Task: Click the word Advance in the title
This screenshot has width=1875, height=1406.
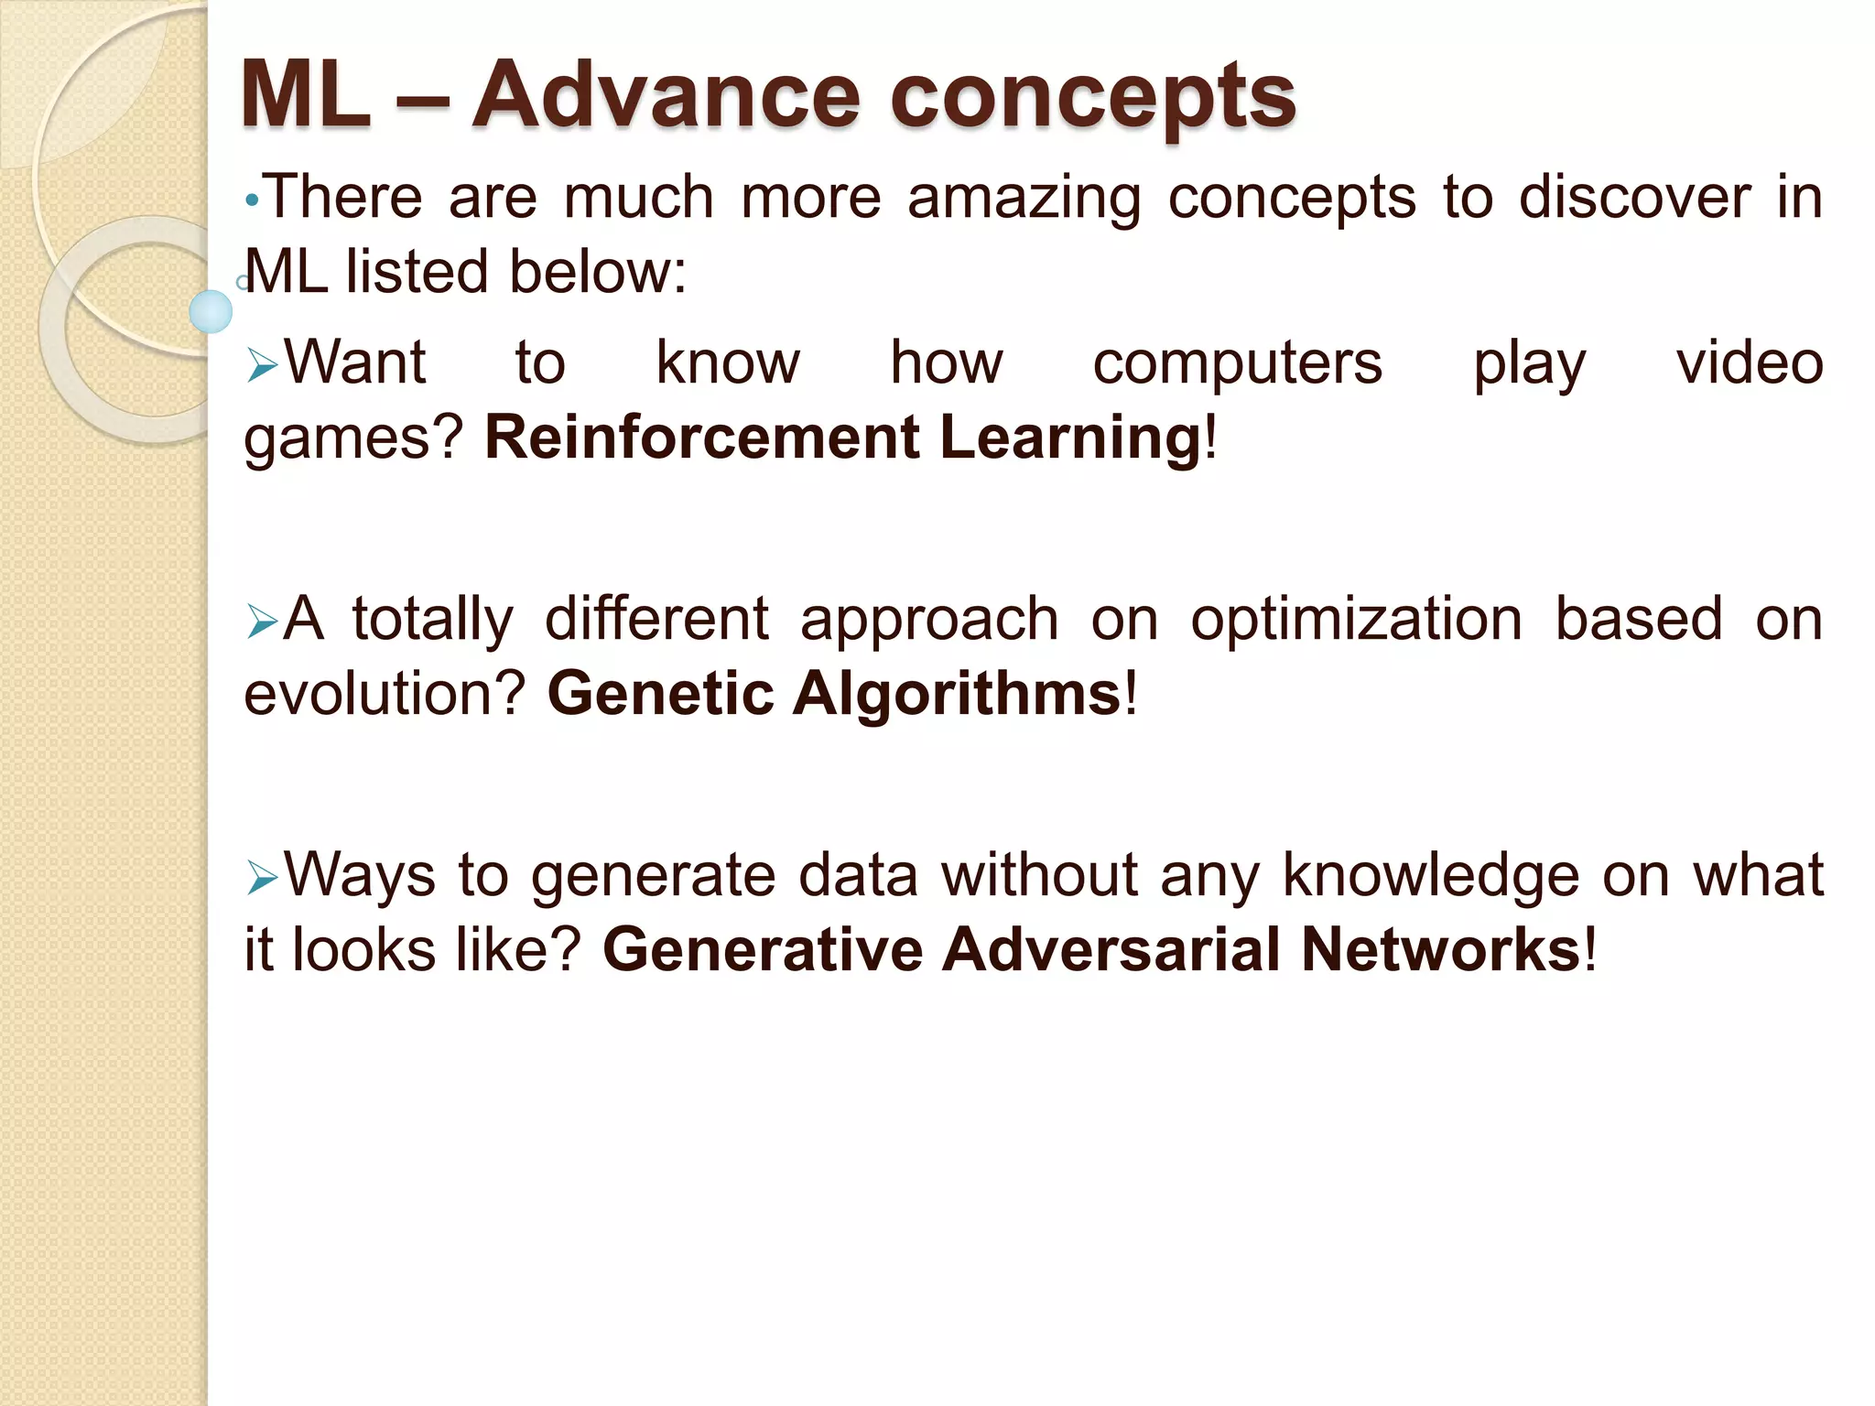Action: (666, 94)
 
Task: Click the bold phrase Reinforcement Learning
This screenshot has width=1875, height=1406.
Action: (842, 437)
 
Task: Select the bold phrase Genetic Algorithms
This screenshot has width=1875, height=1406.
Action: (833, 693)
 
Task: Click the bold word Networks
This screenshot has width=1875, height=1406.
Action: (1440, 949)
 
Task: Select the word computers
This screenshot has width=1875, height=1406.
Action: (1237, 364)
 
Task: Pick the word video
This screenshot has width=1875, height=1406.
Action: (1750, 362)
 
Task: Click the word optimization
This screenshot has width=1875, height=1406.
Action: (1357, 621)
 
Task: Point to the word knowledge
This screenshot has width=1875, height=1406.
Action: (1431, 877)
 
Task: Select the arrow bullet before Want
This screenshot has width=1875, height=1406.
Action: (262, 367)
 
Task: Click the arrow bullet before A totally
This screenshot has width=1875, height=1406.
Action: (262, 623)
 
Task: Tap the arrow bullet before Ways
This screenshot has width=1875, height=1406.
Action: (262, 880)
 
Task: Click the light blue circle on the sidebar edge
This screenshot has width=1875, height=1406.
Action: (211, 311)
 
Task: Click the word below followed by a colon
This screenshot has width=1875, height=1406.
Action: (591, 272)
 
